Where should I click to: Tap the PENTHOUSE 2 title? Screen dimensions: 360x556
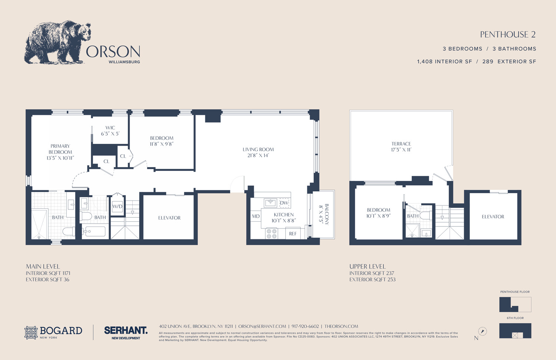(x=507, y=34)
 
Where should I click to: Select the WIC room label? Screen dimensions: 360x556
(x=110, y=128)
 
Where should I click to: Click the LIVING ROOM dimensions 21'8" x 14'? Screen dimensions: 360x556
(x=258, y=156)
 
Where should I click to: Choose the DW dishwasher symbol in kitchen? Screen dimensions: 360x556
(x=284, y=203)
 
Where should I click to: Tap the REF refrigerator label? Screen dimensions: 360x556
(x=293, y=234)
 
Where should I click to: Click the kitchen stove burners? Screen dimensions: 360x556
(x=271, y=234)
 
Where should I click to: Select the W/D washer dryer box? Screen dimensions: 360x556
(x=118, y=207)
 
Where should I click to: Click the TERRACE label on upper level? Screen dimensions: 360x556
(x=401, y=144)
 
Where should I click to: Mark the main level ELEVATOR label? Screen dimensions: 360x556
(x=169, y=218)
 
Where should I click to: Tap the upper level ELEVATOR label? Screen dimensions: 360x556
(x=493, y=217)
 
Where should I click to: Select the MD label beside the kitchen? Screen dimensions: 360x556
(x=256, y=217)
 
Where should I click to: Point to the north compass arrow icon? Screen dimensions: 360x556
(x=482, y=331)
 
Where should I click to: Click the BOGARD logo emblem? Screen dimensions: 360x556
(x=31, y=333)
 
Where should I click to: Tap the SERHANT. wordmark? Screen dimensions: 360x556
(x=126, y=330)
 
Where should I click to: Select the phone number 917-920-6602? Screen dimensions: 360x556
(x=305, y=327)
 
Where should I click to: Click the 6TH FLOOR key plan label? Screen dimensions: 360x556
(x=515, y=318)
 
